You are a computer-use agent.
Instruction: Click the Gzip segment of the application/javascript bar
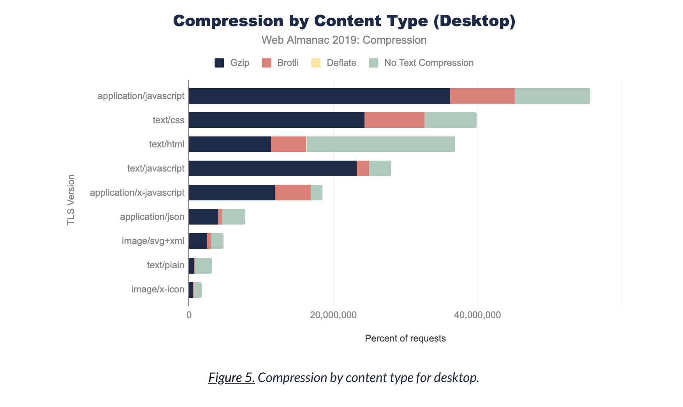coord(319,96)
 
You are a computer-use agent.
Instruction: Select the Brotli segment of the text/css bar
coord(394,120)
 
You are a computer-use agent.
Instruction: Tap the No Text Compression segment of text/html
coord(380,144)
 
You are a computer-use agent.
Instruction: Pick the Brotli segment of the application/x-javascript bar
coord(292,193)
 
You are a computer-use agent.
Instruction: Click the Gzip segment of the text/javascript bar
coord(273,168)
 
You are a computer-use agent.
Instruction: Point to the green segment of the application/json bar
coord(233,217)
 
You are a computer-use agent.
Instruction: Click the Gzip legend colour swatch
coord(219,63)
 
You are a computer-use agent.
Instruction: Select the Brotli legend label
coord(288,63)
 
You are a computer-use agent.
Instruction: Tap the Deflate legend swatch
coord(316,63)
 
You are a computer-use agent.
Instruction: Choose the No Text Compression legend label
coord(429,63)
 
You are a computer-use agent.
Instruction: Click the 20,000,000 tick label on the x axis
coord(333,315)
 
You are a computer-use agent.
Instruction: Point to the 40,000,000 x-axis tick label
coord(477,315)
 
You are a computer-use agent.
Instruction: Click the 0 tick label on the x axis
coord(189,315)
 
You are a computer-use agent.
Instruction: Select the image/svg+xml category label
coord(153,241)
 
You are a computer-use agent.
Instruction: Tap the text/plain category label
coord(165,265)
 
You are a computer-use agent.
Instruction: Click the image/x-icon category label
coord(158,289)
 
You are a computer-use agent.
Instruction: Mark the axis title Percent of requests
coord(405,338)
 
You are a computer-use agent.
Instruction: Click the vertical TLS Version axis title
coord(71,200)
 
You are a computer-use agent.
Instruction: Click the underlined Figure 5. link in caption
coord(231,377)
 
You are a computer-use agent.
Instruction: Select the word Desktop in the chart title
coord(475,21)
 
